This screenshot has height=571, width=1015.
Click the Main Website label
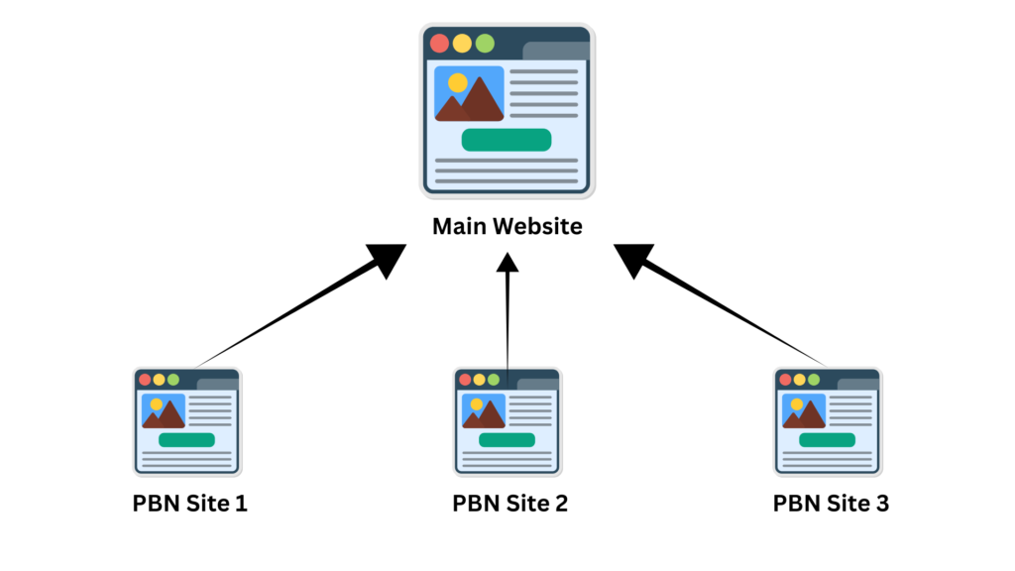[x=507, y=227]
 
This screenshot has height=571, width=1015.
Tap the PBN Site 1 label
[x=189, y=504]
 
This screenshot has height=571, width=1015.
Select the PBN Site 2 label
[x=509, y=504]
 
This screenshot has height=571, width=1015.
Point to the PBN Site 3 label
[x=831, y=504]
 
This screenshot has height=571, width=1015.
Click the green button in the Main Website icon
[x=506, y=140]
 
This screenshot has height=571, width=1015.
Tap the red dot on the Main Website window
[x=439, y=44]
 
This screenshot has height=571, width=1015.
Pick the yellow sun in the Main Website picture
[x=457, y=83]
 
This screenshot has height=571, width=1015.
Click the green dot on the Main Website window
[x=484, y=44]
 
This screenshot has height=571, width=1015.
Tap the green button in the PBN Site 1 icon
[x=186, y=440]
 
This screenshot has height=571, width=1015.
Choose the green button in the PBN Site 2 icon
[x=507, y=440]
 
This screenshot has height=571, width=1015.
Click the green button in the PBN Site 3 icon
[x=827, y=440]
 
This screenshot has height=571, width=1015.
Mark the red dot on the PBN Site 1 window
[x=145, y=380]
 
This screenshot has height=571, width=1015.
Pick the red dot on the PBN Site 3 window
[x=785, y=380]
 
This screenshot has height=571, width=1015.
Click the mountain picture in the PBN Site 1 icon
[x=164, y=411]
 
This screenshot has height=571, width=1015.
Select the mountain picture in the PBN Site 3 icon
[x=804, y=411]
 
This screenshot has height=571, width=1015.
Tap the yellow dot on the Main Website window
[x=462, y=44]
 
